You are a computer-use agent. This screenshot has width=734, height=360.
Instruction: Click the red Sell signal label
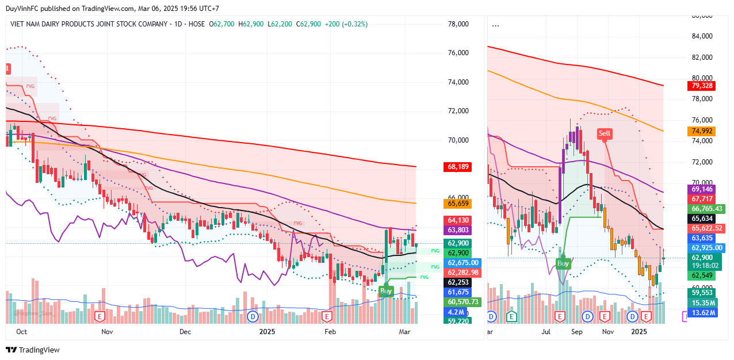(x=605, y=133)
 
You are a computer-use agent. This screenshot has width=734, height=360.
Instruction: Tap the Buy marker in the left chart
(x=385, y=291)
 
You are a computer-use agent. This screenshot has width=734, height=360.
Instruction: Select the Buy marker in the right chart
(x=563, y=263)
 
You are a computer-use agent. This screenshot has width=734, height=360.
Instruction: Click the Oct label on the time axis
(x=22, y=332)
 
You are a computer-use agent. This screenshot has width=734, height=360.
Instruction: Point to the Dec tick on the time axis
(x=185, y=332)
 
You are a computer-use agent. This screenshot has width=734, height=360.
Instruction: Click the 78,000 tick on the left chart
(x=458, y=24)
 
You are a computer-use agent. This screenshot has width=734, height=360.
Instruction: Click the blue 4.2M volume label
(x=453, y=312)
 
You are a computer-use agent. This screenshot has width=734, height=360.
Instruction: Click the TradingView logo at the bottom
(x=33, y=350)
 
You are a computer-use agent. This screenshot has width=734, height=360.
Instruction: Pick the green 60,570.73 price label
(x=462, y=302)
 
